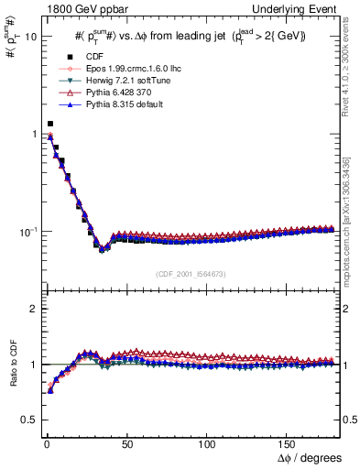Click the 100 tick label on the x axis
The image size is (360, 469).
pos(208,442)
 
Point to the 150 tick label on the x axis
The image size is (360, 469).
pos(290,442)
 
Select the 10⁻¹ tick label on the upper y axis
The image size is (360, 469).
pos(26,231)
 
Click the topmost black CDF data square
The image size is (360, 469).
pos(50,124)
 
